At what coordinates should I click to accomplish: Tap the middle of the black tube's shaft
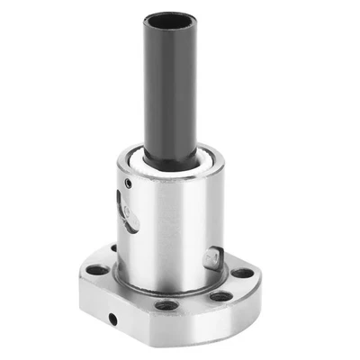click(170, 90)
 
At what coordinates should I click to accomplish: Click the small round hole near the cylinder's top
click(128, 184)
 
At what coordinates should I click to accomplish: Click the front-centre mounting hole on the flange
click(166, 305)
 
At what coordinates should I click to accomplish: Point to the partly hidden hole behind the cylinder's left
click(113, 249)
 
